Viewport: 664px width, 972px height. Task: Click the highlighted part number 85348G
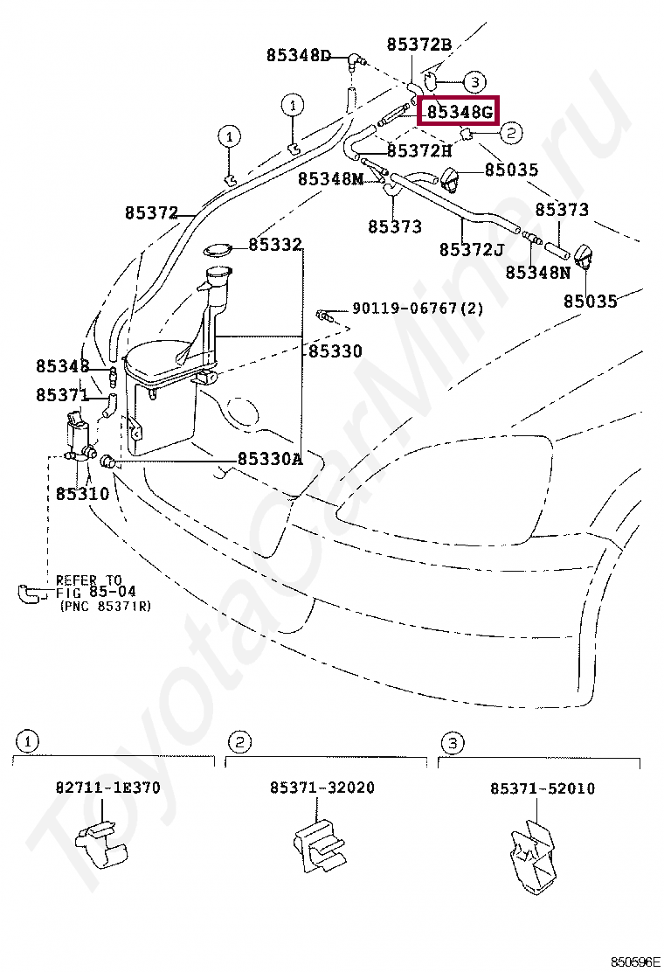click(x=460, y=112)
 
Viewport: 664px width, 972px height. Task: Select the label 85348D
click(x=298, y=56)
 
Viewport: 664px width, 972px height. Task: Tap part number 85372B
click(x=419, y=44)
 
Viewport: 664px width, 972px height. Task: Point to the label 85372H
click(x=419, y=151)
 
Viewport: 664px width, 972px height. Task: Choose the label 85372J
click(x=471, y=250)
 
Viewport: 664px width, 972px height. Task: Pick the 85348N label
click(x=537, y=273)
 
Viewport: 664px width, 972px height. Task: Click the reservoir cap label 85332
click(x=275, y=245)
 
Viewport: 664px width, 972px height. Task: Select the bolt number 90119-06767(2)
click(x=418, y=309)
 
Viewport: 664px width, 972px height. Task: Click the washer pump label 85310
click(x=82, y=494)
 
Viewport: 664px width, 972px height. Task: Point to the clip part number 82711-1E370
click(x=108, y=788)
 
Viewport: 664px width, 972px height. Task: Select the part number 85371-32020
click(x=322, y=788)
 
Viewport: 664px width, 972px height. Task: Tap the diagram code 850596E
click(x=635, y=962)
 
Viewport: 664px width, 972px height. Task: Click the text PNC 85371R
click(x=105, y=606)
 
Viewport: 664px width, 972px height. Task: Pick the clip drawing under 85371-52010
click(x=532, y=857)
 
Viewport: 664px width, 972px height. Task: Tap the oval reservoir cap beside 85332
click(x=218, y=251)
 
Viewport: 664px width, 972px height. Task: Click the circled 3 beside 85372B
click(x=474, y=82)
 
